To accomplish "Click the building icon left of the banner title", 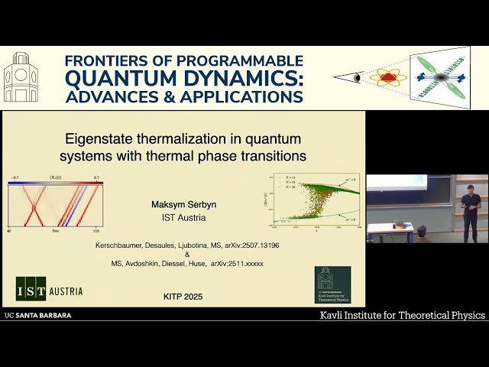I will coord(21,78).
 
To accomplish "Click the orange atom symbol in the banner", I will coord(387,77).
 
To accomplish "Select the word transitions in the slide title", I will coord(272,155).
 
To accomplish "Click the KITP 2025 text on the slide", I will coord(183,296).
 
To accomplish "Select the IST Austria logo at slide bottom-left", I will coord(50,291).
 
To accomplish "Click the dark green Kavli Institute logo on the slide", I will coord(332,285).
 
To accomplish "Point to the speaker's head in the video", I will coord(470,187).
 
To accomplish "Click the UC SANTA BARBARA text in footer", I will coord(37,315).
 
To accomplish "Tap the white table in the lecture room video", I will coord(390,228).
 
